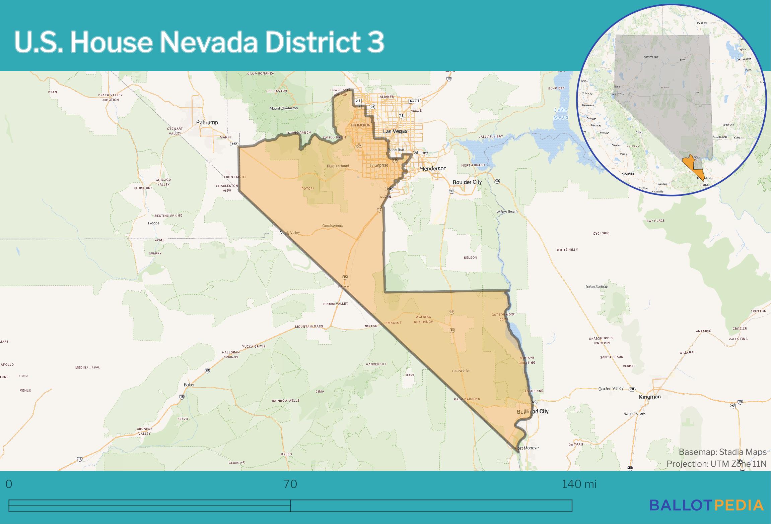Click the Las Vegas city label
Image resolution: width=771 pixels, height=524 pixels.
[395, 131]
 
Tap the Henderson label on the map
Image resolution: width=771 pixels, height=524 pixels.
[433, 168]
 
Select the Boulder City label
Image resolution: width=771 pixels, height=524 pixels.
[467, 182]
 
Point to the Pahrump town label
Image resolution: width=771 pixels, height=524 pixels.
[207, 122]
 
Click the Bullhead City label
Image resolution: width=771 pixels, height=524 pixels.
[533, 411]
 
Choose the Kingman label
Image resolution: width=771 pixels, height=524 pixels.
[650, 397]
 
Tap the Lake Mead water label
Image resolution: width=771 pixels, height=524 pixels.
[561, 113]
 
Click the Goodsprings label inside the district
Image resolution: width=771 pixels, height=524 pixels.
[332, 226]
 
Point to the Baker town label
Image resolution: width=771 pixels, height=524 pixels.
[189, 385]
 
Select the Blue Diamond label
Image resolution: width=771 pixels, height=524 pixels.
[338, 166]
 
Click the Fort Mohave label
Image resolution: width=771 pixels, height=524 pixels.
[527, 448]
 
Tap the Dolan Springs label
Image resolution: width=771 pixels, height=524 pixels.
[597, 287]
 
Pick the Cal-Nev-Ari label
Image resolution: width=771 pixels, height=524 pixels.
[461, 371]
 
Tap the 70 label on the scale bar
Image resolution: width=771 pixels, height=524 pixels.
[290, 484]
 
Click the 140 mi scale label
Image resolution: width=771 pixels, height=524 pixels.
[579, 484]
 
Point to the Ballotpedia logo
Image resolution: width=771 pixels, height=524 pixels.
[706, 505]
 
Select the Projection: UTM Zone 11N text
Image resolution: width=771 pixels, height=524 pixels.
[716, 464]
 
